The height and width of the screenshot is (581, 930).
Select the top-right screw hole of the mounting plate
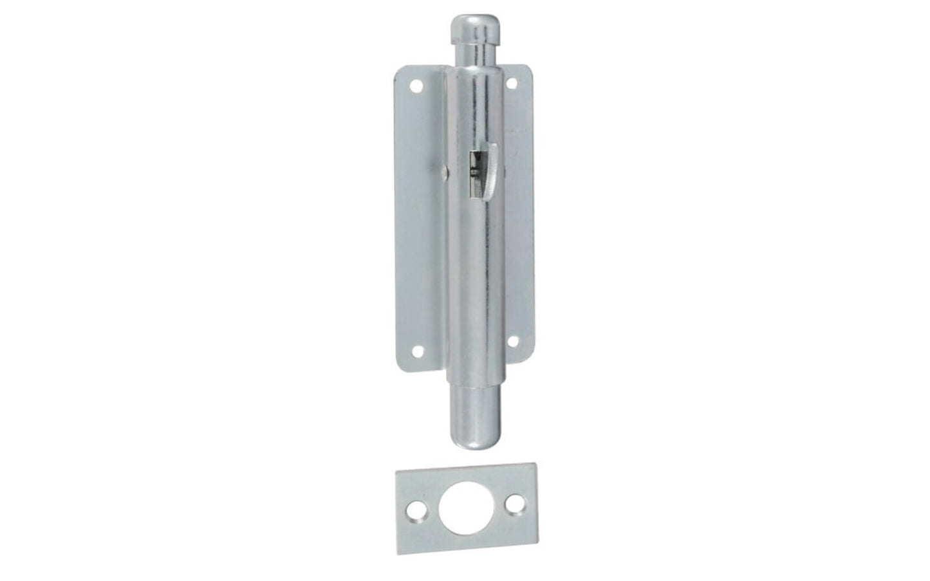[x=514, y=83]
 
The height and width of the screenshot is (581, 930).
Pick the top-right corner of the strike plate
[x=533, y=462]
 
